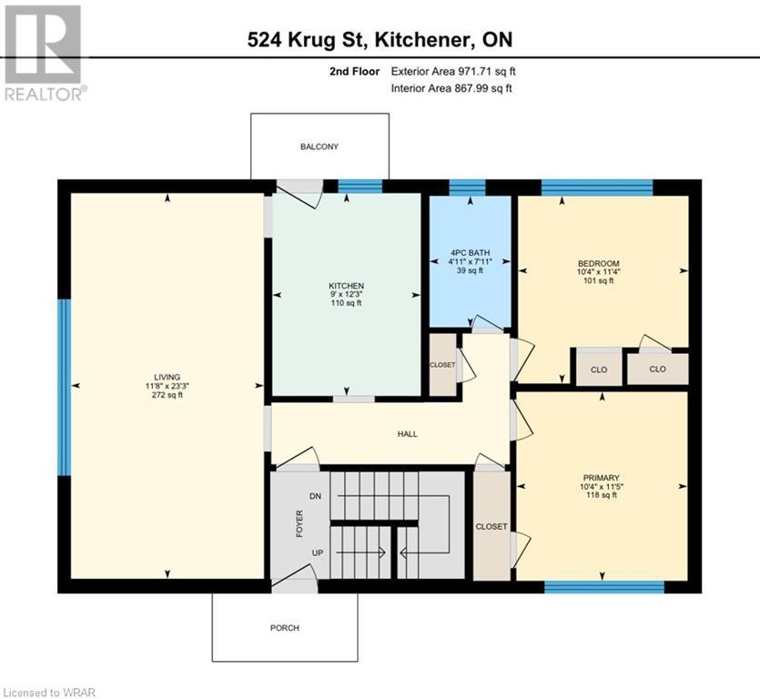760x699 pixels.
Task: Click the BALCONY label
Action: [319, 147]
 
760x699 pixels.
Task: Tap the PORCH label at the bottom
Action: [284, 628]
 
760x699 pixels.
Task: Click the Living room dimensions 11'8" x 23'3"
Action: [167, 386]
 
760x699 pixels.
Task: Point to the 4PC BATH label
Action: [470, 252]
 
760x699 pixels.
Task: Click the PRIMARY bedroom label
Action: [602, 478]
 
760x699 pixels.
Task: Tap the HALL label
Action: [408, 434]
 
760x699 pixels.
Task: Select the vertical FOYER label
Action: [299, 524]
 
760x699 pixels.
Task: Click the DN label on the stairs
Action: [316, 496]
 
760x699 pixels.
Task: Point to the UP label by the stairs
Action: [316, 552]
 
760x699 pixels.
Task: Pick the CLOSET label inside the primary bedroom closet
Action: [491, 526]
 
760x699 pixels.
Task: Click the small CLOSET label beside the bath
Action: [442, 364]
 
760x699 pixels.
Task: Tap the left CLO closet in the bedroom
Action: [598, 370]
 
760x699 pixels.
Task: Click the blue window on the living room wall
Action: [64, 388]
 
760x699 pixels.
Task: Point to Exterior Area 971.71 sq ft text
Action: [459, 71]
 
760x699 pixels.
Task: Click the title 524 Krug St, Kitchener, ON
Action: [380, 40]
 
